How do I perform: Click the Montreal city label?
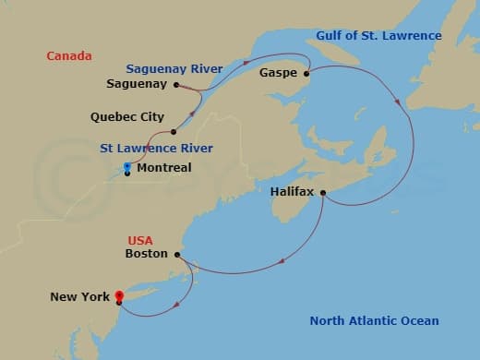tap(163, 168)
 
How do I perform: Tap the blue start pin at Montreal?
tap(127, 167)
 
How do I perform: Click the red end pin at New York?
tap(119, 295)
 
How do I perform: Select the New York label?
tap(80, 296)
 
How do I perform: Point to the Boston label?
tap(146, 253)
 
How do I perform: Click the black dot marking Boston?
tap(176, 253)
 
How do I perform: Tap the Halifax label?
tap(293, 192)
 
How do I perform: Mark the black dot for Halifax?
tap(322, 192)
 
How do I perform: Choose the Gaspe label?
tap(278, 71)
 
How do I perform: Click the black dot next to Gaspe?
tap(306, 71)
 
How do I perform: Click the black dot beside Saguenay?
tap(175, 84)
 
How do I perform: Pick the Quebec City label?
tap(127, 117)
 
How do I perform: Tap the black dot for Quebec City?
tap(173, 131)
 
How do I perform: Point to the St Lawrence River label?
tap(157, 148)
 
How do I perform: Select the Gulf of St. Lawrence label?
tap(378, 36)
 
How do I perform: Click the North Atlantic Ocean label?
tap(374, 320)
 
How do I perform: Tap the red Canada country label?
tap(69, 56)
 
